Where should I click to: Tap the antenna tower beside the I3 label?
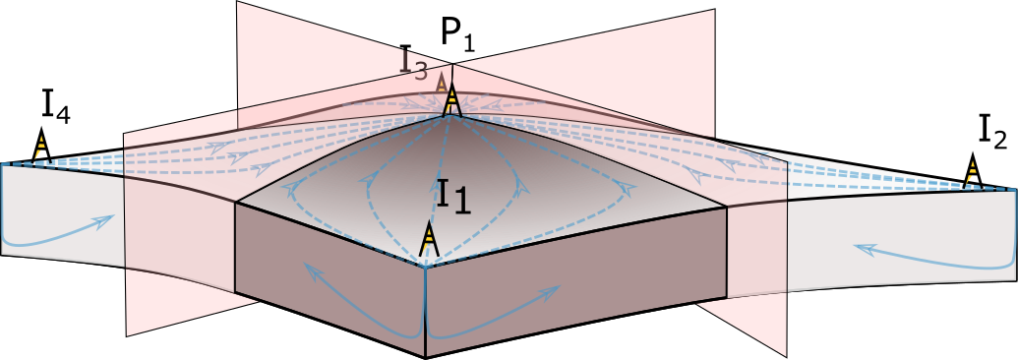point(451,99)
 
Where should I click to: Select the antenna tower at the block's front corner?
point(428,239)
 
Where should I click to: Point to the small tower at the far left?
point(40,148)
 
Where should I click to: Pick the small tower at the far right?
point(971,173)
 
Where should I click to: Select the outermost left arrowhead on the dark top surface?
point(292,189)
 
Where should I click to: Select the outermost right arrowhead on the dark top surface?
point(620,187)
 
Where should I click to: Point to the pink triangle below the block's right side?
point(752,325)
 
